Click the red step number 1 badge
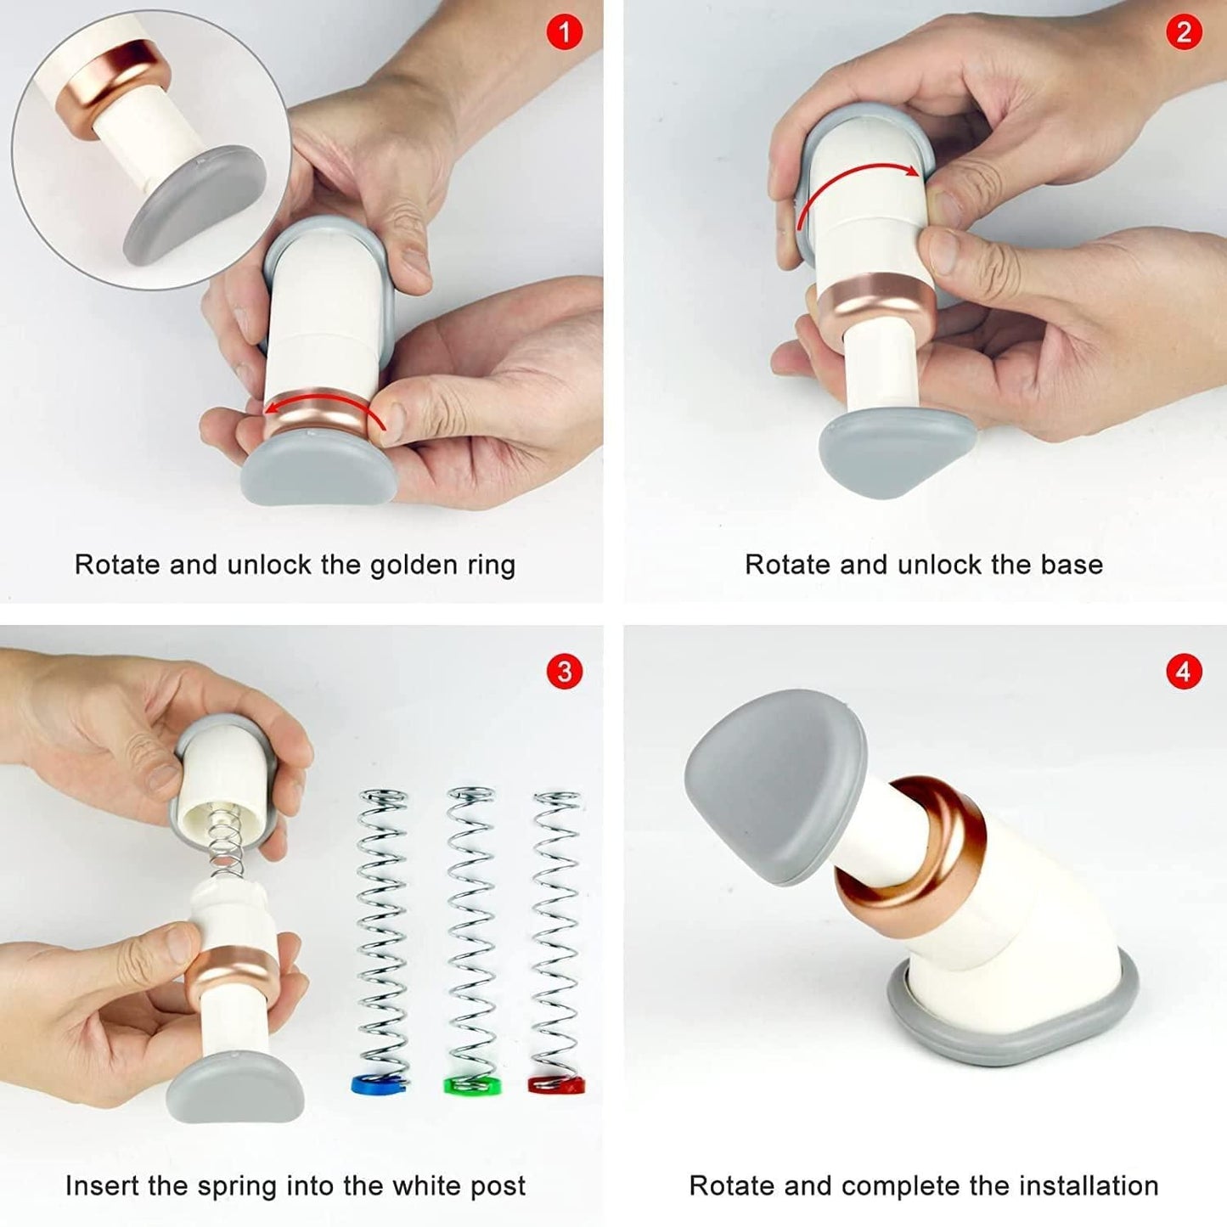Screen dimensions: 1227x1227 coord(565,32)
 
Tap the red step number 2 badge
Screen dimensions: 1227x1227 coord(1184,32)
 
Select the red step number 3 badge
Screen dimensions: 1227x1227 coord(565,672)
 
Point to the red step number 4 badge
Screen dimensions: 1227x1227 coord(1184,672)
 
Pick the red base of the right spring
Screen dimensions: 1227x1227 coord(557,1084)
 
